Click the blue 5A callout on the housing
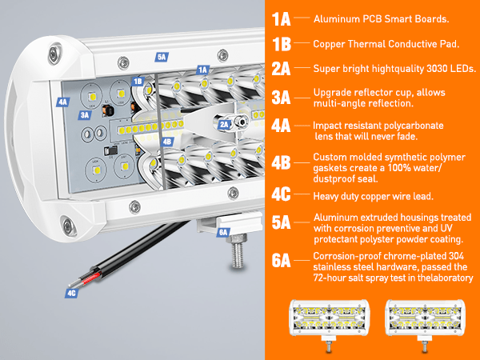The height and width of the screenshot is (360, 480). pos(162,58)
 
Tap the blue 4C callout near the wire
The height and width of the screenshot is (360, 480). pos(73,294)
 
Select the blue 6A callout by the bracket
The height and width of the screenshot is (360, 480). pos(223,232)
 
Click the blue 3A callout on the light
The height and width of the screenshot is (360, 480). pos(85,115)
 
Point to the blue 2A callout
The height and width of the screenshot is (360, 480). pos(225,124)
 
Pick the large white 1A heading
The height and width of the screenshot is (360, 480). pos(281,18)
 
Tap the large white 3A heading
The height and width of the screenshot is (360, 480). pos(281,98)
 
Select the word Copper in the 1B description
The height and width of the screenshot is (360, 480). pos(329,44)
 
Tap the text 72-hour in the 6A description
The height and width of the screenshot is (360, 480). pos(331,278)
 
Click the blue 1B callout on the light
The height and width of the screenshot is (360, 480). pos(138,82)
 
